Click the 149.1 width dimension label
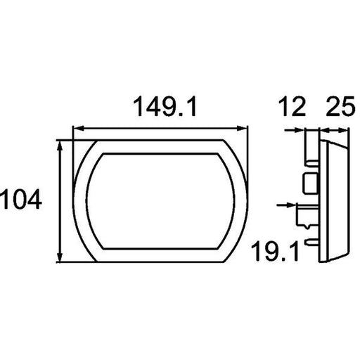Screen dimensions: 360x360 tap(165, 106)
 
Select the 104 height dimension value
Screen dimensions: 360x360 tap(21, 200)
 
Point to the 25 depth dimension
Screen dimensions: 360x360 tap(340, 107)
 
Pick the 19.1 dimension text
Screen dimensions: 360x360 tap(275, 252)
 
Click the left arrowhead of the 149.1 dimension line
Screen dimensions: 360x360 tap(78, 129)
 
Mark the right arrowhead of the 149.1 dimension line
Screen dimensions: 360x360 tap(242, 129)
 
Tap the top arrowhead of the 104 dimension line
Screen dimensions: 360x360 tap(60, 146)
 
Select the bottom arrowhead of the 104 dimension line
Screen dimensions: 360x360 tap(60, 257)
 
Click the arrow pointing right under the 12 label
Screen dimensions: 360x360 tap(295, 130)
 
